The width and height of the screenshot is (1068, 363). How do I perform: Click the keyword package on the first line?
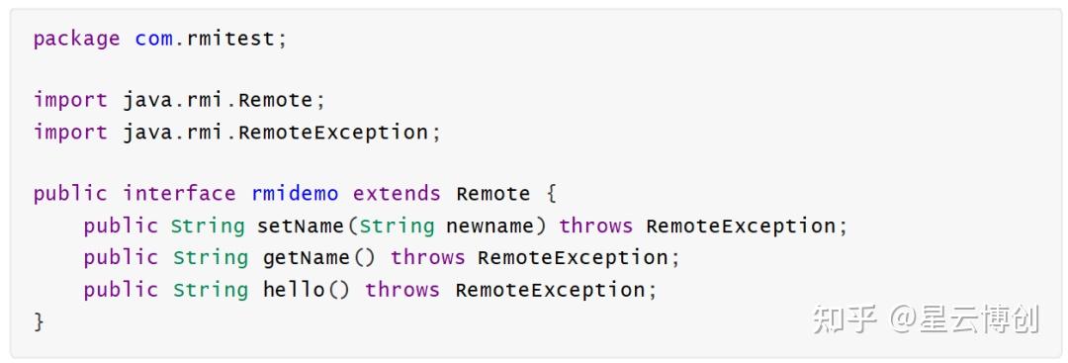(x=76, y=39)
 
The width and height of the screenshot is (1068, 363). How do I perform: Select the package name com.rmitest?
(x=205, y=39)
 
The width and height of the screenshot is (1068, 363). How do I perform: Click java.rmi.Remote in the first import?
(x=218, y=100)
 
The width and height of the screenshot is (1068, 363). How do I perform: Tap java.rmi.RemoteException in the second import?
(x=275, y=133)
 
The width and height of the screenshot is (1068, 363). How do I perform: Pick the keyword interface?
(x=179, y=194)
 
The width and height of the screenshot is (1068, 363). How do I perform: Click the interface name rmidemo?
(x=295, y=194)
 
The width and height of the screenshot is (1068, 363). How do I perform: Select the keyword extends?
(x=397, y=194)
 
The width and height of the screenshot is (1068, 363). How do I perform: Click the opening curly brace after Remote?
(x=551, y=194)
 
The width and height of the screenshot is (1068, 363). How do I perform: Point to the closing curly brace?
(x=39, y=321)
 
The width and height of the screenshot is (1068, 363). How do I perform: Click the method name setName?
(x=301, y=226)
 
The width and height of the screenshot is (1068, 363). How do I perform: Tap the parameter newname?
(x=489, y=226)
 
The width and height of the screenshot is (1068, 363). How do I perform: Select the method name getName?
(x=307, y=257)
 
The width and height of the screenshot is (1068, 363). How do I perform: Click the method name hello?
(x=294, y=290)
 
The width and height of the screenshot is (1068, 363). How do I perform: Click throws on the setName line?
(x=596, y=226)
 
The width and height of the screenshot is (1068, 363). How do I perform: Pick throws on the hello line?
(x=401, y=290)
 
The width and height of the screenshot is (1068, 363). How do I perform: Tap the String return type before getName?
(x=211, y=257)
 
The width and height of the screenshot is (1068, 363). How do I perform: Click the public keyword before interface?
(x=70, y=194)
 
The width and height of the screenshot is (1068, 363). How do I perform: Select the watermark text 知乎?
(x=844, y=319)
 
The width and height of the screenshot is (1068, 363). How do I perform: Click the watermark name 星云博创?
(x=979, y=319)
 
